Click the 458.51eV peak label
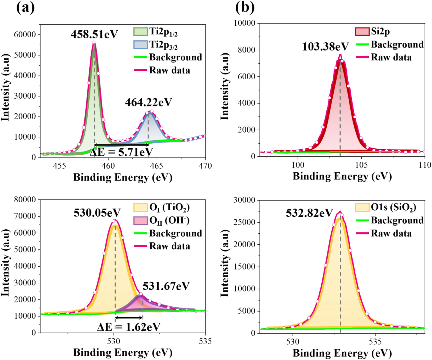pos(94,35)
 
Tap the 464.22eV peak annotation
pos(148,102)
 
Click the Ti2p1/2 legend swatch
pos(140,31)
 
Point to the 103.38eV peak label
pos(326,47)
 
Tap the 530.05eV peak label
pos(97,213)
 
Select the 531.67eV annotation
pos(166,286)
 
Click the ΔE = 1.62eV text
pos(129,327)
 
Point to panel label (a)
pos(25,8)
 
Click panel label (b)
pos(245,8)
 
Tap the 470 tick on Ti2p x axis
pos(205,166)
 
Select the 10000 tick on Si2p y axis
pos(245,23)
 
